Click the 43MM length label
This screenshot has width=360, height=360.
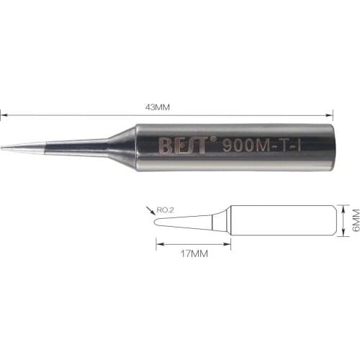[x=157, y=107]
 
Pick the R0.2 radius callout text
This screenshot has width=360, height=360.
[x=167, y=211]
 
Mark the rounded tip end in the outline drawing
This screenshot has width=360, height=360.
[x=157, y=222]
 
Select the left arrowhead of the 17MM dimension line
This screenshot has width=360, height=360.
[x=158, y=244]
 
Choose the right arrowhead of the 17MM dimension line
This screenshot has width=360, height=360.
[x=228, y=244]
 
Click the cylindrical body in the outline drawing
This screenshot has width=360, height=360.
[x=284, y=221]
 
